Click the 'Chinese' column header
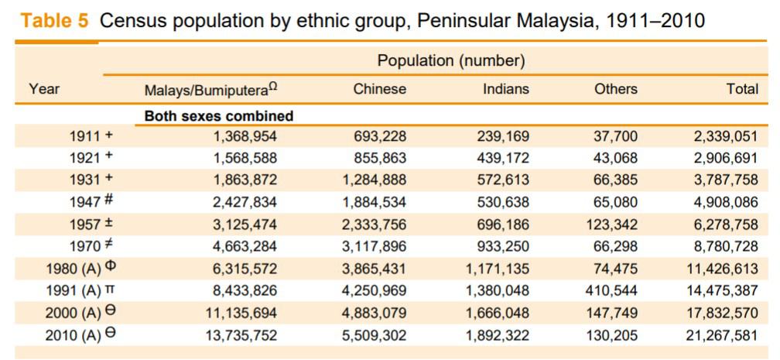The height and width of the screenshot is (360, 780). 379,89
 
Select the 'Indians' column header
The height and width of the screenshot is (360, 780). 506,89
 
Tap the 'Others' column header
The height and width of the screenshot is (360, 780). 616,89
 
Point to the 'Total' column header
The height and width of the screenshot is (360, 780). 742,89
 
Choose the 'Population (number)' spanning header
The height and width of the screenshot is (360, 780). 451,60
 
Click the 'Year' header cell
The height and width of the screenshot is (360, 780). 44,89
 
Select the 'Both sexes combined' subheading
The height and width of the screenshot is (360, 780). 219,116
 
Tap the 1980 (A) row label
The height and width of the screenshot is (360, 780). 80,269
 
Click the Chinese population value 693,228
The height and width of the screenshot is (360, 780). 380,137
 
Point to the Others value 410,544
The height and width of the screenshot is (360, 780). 611,291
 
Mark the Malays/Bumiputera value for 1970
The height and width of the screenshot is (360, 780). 245,247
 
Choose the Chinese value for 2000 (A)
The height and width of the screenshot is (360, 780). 374,314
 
